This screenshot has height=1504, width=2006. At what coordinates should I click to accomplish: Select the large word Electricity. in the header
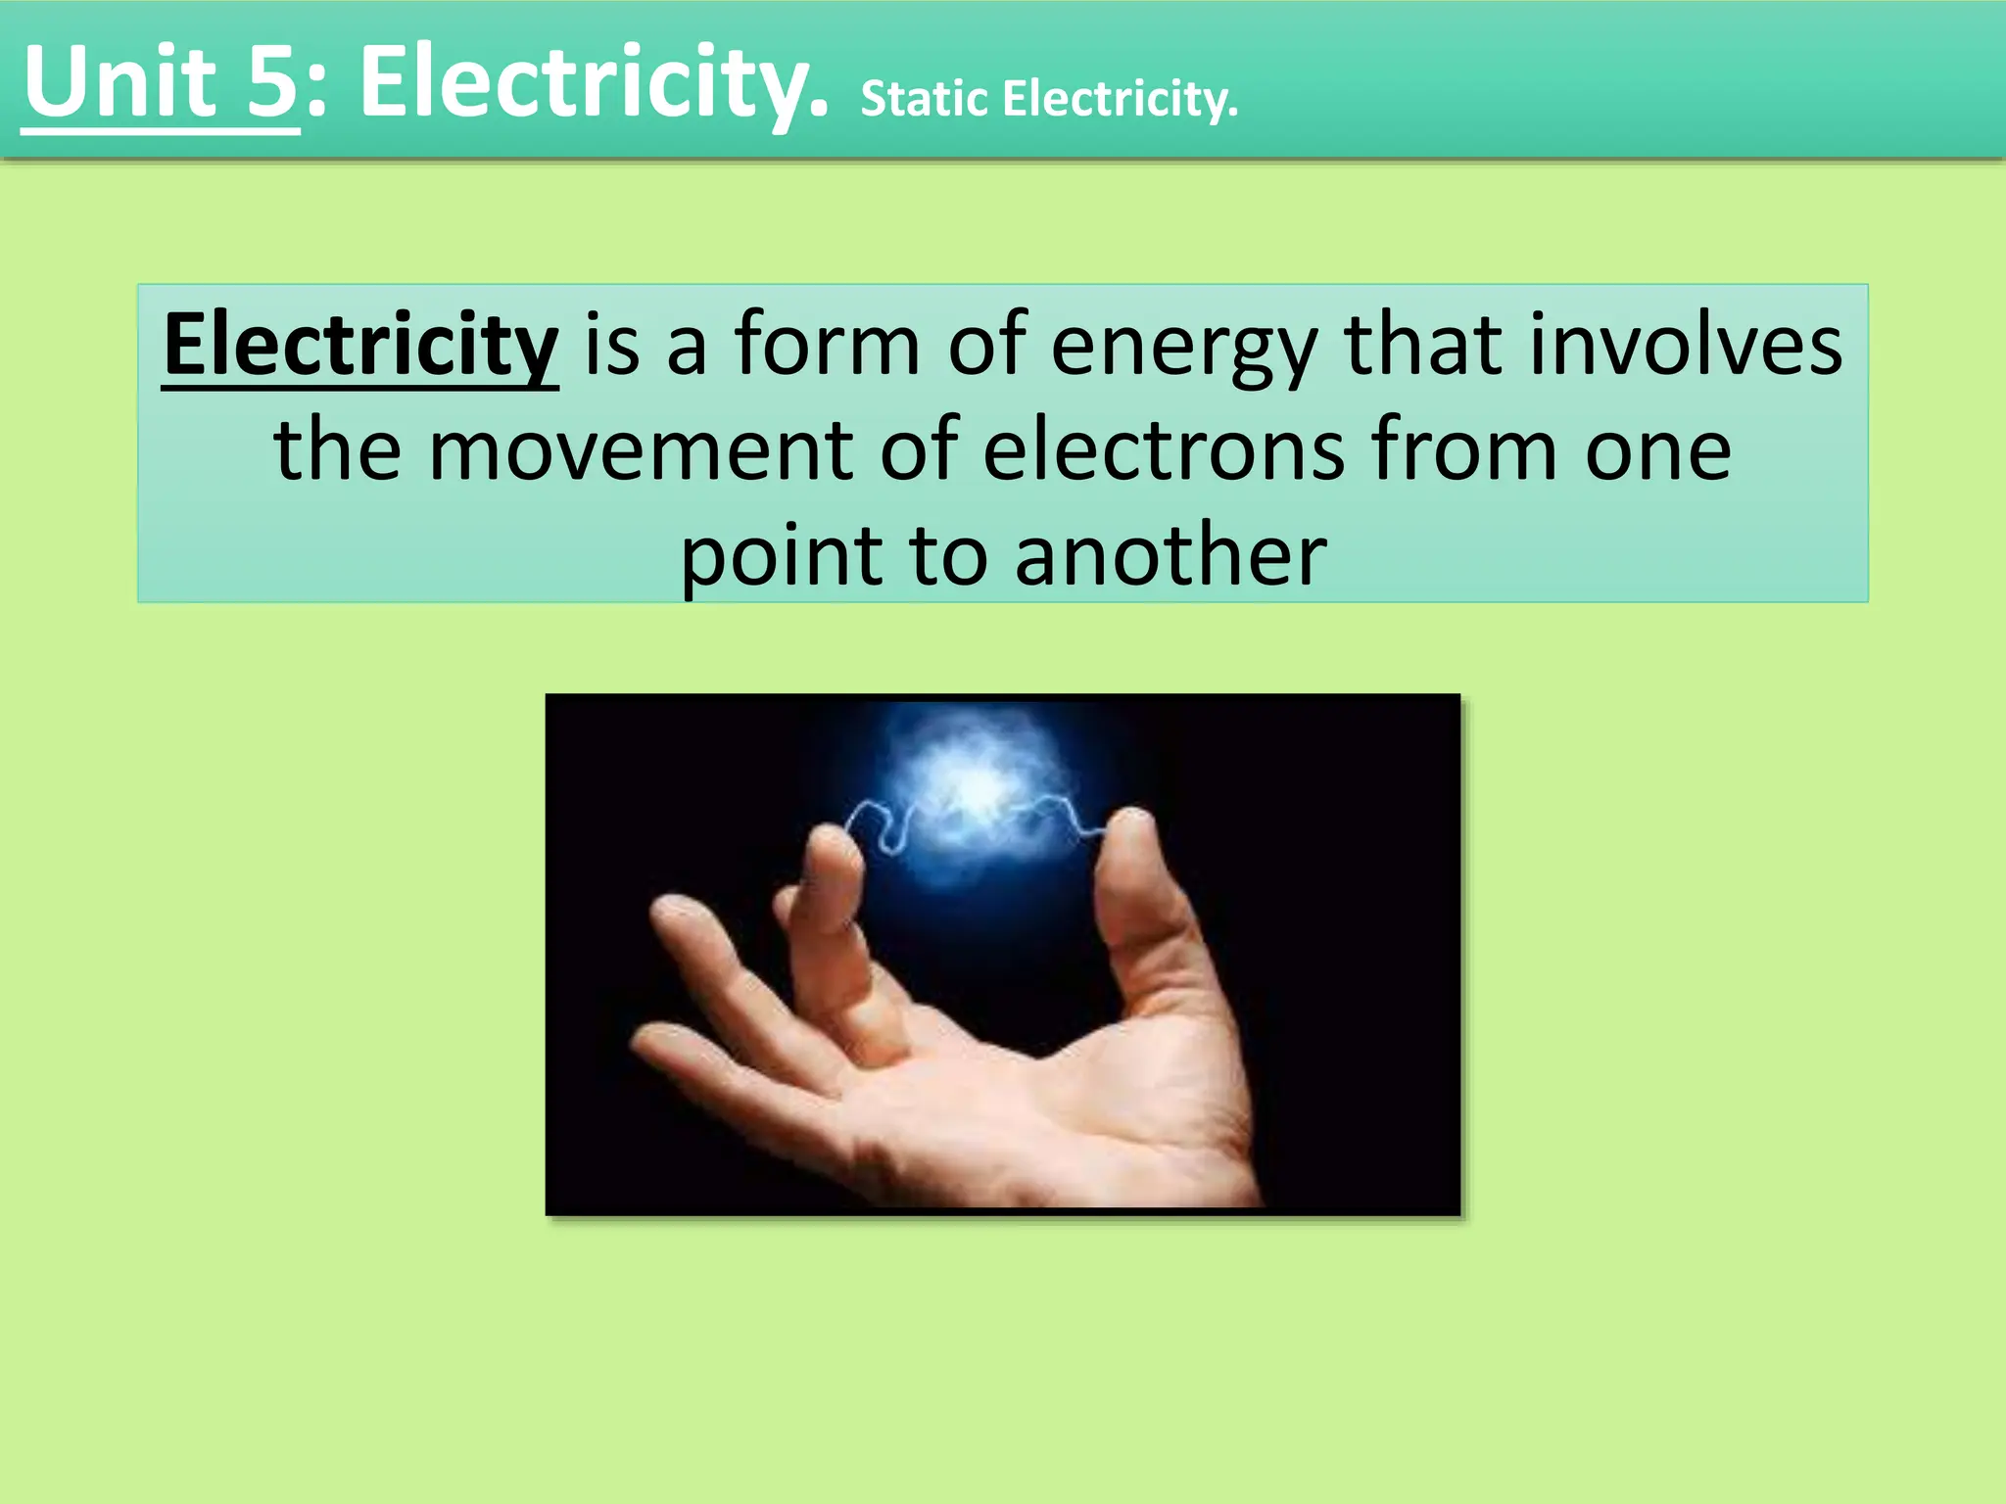point(594,82)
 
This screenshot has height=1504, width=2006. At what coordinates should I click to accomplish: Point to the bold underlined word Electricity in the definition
point(360,345)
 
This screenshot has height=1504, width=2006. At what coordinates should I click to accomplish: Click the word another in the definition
point(1170,556)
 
